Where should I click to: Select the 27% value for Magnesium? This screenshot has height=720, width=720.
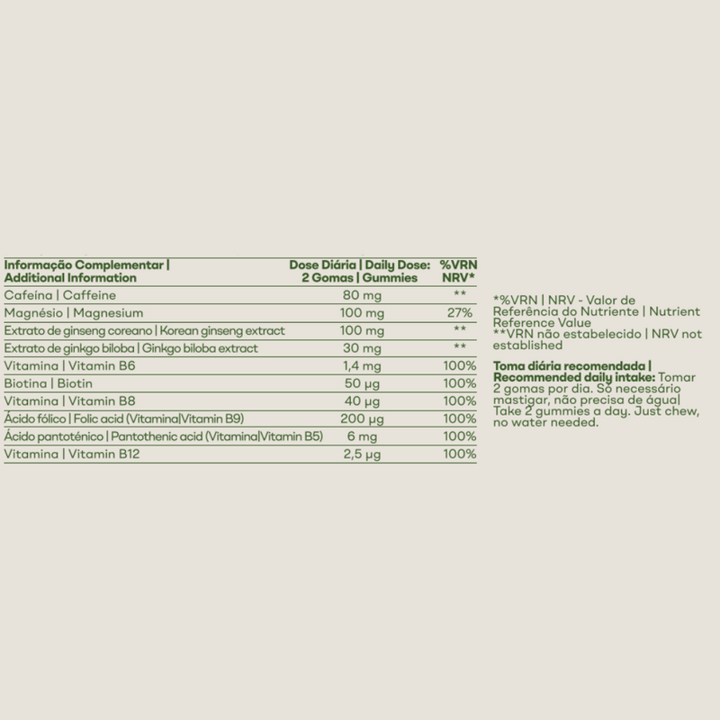pos(460,312)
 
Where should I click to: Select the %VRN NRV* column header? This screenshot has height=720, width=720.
pos(456,271)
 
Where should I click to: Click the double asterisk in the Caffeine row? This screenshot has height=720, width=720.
pos(460,295)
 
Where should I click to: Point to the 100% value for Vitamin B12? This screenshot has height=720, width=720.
pos(460,454)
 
